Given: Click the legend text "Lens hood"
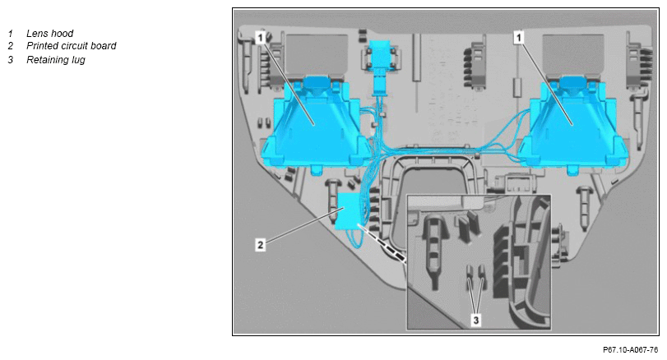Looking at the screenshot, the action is coord(50,33).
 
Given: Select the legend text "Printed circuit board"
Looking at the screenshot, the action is coord(71,46).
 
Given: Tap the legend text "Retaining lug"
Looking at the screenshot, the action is coord(56,59).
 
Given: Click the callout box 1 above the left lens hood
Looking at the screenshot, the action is coord(261,38).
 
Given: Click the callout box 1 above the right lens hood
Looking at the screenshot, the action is coord(518,38).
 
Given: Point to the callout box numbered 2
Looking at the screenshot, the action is coord(261,245).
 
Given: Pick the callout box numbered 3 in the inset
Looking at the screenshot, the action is coord(476,320).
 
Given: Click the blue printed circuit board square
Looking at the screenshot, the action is coord(348,211).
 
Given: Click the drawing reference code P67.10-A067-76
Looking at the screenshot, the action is coord(631,350).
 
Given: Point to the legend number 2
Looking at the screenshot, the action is coord(10,46).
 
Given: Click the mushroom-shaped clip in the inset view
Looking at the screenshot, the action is coord(435,252).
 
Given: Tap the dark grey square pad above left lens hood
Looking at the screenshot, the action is coord(303,53).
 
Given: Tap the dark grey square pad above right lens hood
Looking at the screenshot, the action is coord(572,53).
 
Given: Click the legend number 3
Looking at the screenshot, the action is coord(10,59).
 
